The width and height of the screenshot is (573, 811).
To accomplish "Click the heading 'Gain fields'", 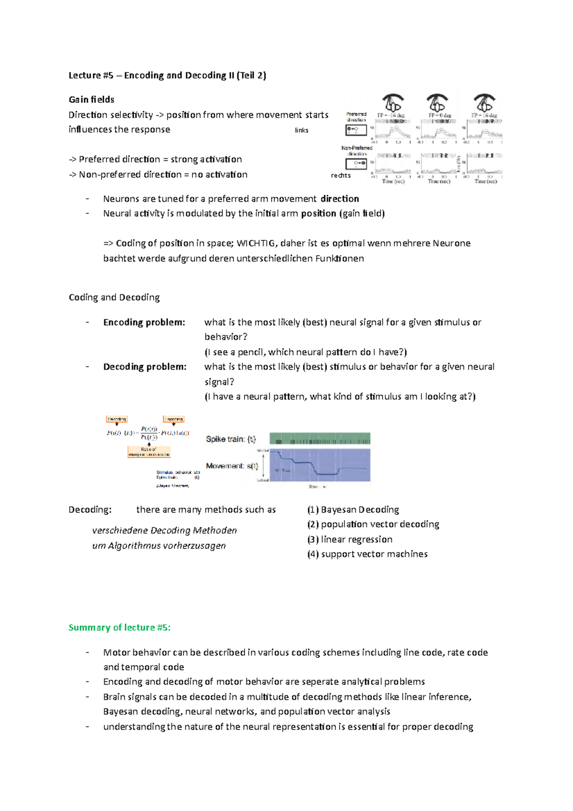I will pyautogui.click(x=91, y=99).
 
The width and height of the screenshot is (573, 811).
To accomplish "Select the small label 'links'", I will pyautogui.click(x=301, y=130).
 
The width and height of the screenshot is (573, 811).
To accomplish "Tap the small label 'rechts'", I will pyautogui.click(x=340, y=175).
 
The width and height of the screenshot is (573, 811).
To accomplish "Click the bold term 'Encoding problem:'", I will pyautogui.click(x=144, y=322).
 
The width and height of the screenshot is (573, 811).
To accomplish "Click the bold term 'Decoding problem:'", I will pyautogui.click(x=145, y=367).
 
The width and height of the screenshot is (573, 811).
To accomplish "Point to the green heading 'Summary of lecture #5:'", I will pyautogui.click(x=119, y=628).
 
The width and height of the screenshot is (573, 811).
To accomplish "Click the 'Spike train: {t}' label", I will pyautogui.click(x=231, y=439).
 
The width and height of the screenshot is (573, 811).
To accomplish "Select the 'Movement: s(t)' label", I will pyautogui.click(x=232, y=466).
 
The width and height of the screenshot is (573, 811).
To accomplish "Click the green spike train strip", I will pyautogui.click(x=320, y=438).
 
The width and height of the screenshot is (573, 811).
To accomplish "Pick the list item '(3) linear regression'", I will pyautogui.click(x=350, y=539).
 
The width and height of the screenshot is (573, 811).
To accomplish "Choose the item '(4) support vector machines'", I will pyautogui.click(x=367, y=554).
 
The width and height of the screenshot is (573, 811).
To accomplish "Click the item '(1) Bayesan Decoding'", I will pyautogui.click(x=353, y=510).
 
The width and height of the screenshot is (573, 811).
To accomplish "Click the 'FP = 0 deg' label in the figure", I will pyautogui.click(x=439, y=115).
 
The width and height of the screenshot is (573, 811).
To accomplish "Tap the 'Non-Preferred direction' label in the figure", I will pyautogui.click(x=357, y=150).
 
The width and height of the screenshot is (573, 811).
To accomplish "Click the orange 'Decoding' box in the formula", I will pyautogui.click(x=117, y=419).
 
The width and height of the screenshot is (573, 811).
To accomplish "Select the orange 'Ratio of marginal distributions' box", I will pyautogui.click(x=149, y=452).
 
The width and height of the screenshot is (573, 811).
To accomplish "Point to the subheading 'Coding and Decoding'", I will pyautogui.click(x=114, y=297).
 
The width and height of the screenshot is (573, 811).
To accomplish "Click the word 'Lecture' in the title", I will pyautogui.click(x=85, y=75).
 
